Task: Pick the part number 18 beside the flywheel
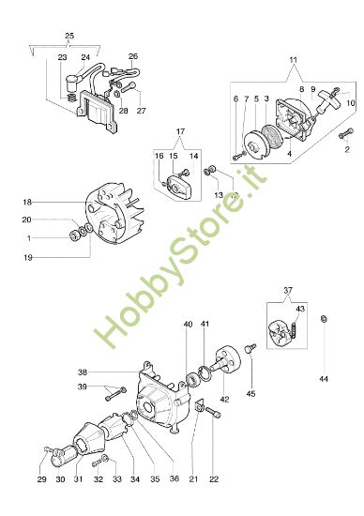28,202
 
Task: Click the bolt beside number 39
117,388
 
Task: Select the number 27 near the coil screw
143,111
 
